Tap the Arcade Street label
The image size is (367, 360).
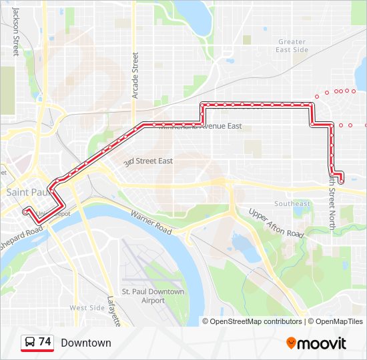135,75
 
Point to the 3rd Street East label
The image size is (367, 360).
148,161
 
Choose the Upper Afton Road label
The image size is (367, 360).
276,223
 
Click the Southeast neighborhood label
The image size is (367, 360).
292,203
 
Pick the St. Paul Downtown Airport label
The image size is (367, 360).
153,296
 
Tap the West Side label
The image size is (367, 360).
87,308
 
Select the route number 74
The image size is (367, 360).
45,342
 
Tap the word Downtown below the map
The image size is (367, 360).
86,343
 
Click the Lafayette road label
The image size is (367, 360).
113,311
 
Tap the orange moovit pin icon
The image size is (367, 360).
292,343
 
